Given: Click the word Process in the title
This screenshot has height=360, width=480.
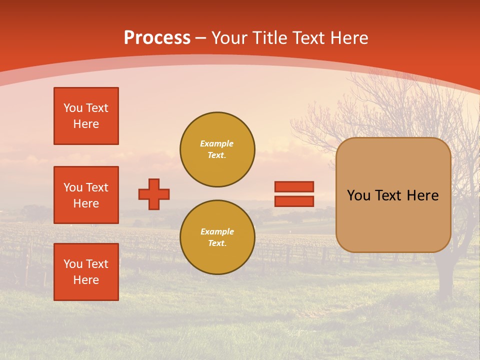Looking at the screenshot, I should [x=157, y=38].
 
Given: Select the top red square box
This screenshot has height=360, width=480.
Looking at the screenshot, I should [x=86, y=116].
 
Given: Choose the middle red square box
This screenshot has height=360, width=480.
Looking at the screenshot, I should [x=86, y=195].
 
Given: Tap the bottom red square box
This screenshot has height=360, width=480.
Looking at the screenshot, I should [x=86, y=272].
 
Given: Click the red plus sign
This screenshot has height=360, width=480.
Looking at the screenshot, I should [x=154, y=194].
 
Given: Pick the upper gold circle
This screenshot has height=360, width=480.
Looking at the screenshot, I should [x=217, y=149].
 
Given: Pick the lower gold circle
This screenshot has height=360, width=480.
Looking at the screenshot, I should [x=217, y=237].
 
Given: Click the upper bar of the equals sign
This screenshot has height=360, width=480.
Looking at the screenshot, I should [x=294, y=186].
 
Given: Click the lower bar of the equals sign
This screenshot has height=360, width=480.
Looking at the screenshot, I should [x=294, y=201].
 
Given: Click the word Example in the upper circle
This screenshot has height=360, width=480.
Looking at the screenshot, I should [x=217, y=143].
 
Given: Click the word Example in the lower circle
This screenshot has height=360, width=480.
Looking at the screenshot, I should [x=217, y=231].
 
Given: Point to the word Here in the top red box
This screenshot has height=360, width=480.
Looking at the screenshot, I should [x=86, y=124].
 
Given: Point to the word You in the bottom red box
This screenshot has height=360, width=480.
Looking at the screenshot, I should [x=73, y=264].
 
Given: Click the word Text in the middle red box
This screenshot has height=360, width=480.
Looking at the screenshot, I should [x=97, y=187].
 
